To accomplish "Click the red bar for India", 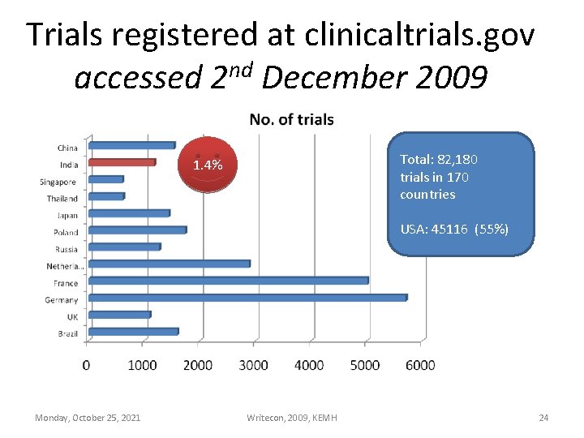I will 122,162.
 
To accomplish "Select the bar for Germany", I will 247,298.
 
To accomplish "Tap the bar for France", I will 228,281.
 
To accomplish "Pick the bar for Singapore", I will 106,179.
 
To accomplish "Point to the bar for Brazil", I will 133,332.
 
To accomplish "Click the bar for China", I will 131,145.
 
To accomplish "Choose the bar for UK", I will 120,315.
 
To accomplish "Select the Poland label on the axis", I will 66,233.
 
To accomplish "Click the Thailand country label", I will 62,199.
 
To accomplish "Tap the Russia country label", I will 67,250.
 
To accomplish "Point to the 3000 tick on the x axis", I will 254,365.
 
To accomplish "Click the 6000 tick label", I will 420,365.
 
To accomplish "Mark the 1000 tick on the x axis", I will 143,365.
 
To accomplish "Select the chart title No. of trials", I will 291,120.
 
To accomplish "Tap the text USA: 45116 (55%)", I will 454,230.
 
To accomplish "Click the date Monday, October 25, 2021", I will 88,418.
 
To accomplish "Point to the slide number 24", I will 543,418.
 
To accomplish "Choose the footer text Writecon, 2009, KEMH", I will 292,418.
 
